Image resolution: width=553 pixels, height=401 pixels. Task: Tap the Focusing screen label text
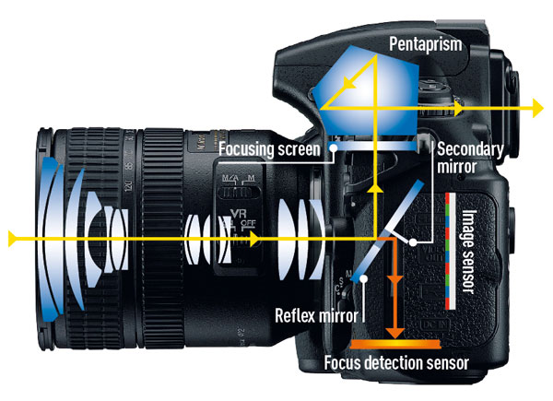(268, 147)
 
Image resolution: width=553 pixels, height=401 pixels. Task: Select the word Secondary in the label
(469, 147)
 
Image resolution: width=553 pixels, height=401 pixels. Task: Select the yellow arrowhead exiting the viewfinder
(535, 109)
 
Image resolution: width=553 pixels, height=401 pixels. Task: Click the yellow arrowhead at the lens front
(13, 240)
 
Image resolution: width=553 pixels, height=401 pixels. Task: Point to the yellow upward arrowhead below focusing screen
(375, 187)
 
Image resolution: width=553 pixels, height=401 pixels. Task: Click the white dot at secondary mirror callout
(417, 241)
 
